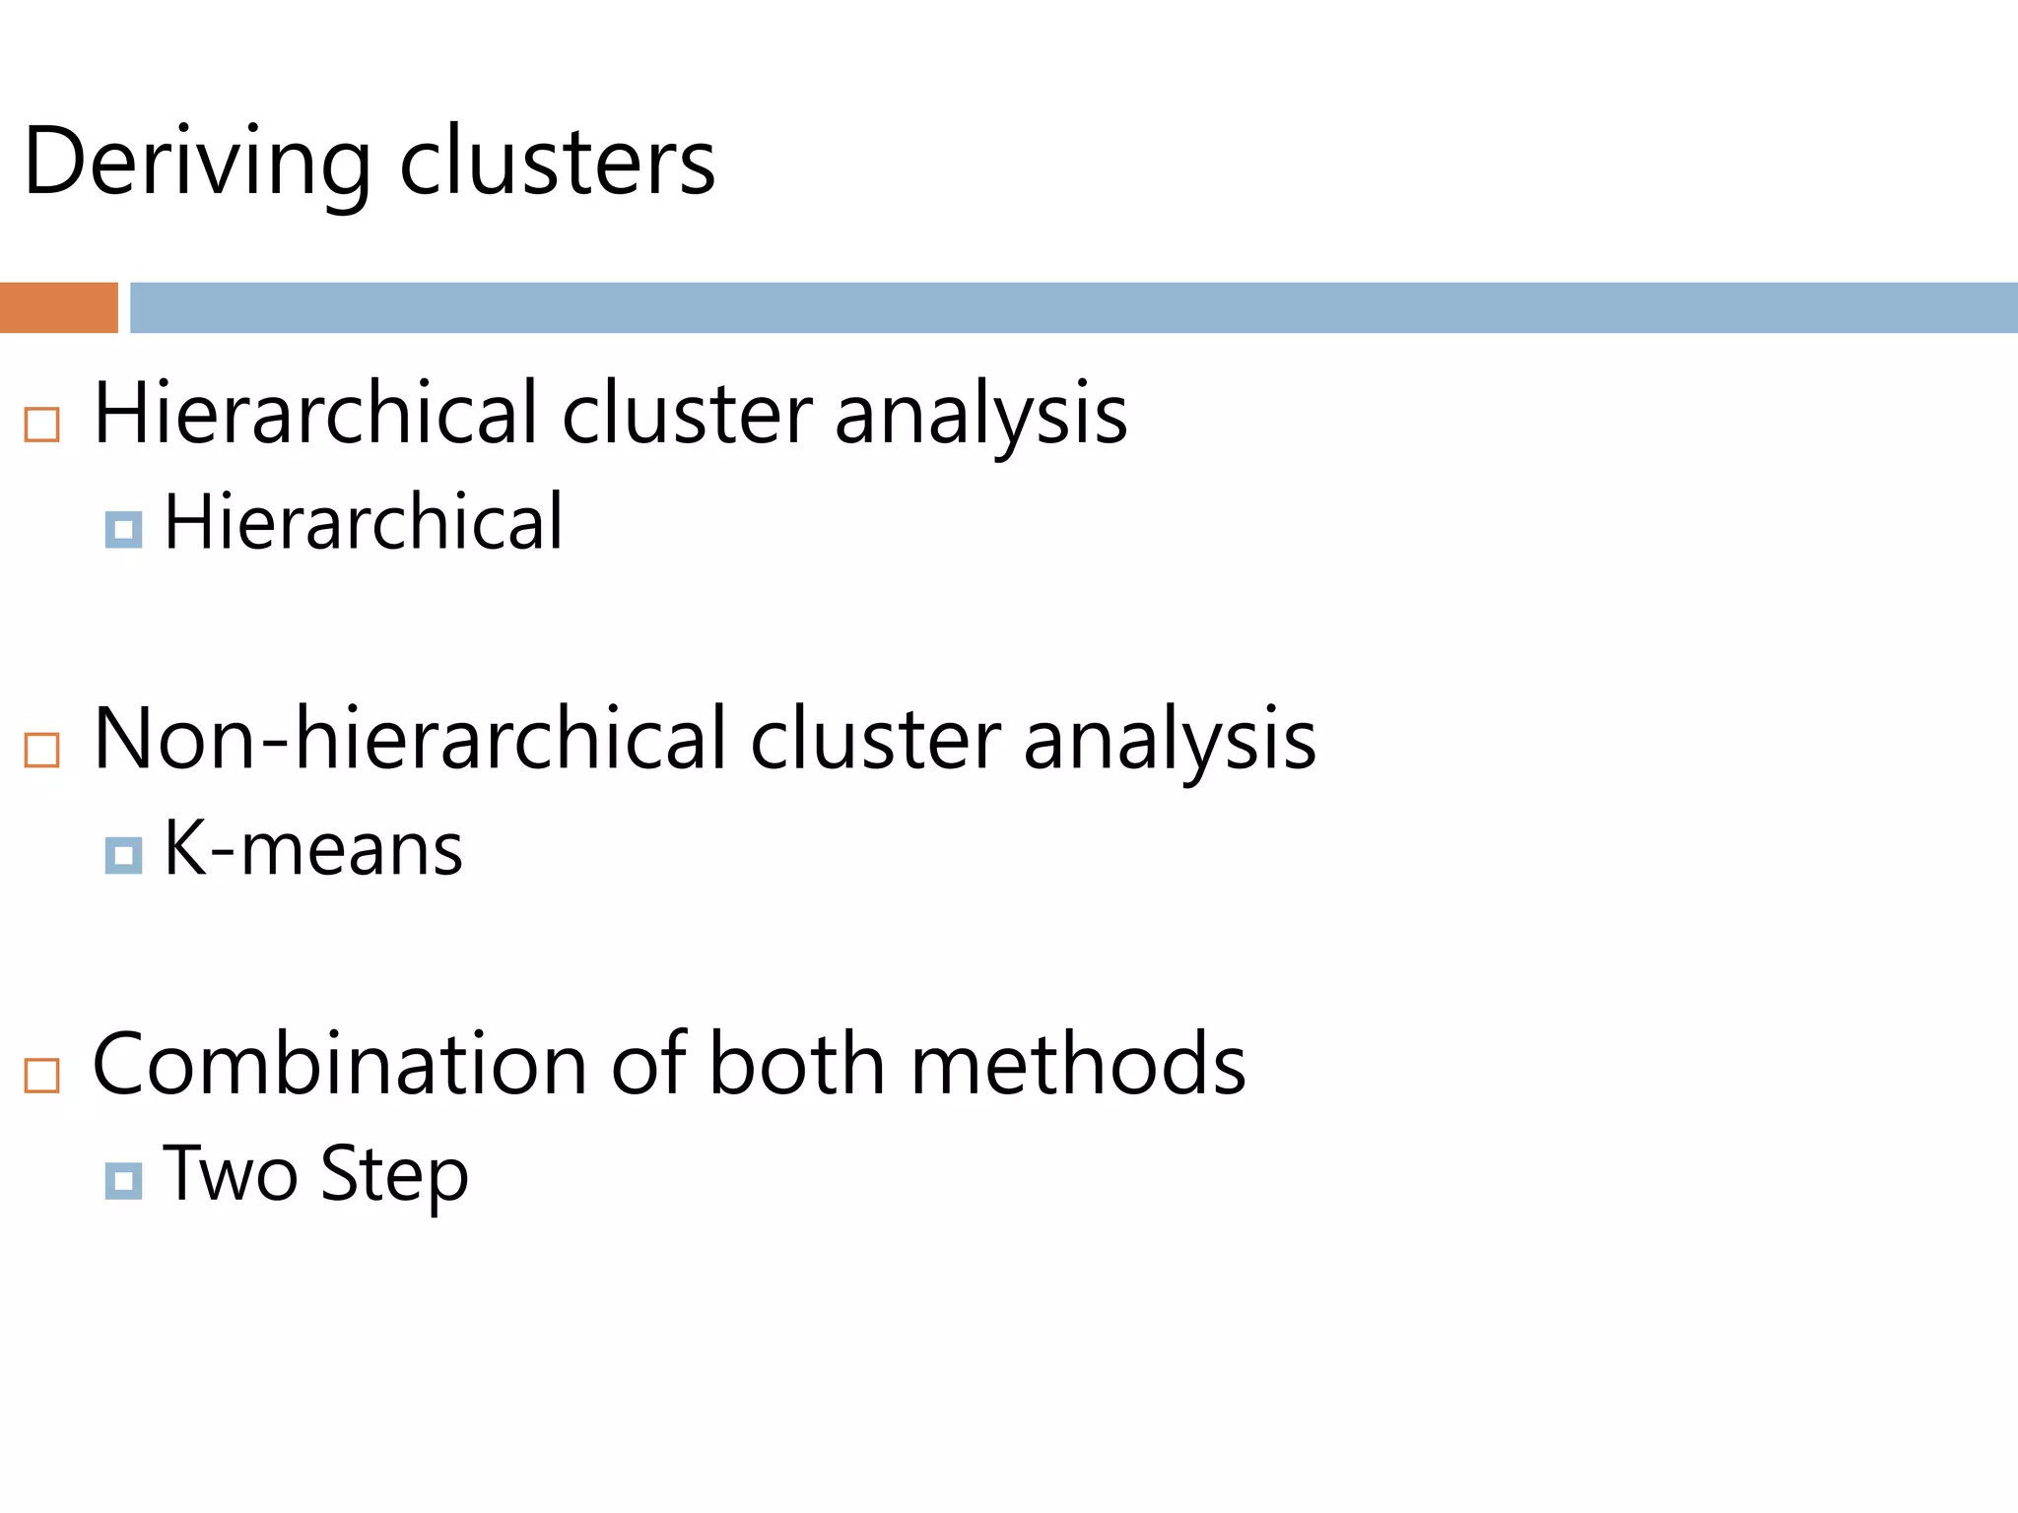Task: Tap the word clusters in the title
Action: tap(557, 163)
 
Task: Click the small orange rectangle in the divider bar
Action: tap(58, 307)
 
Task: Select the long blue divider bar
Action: tap(1072, 307)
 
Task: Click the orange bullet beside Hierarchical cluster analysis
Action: tap(42, 425)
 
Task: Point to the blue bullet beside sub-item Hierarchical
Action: tap(123, 530)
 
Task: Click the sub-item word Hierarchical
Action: tap(363, 522)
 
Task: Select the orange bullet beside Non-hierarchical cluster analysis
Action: tap(42, 750)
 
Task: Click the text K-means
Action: tap(312, 848)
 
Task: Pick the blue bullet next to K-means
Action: tap(123, 855)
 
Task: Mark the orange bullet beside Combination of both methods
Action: tap(42, 1075)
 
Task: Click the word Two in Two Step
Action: tap(230, 1174)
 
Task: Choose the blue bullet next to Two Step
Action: tap(123, 1180)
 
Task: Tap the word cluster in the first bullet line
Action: tap(688, 414)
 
